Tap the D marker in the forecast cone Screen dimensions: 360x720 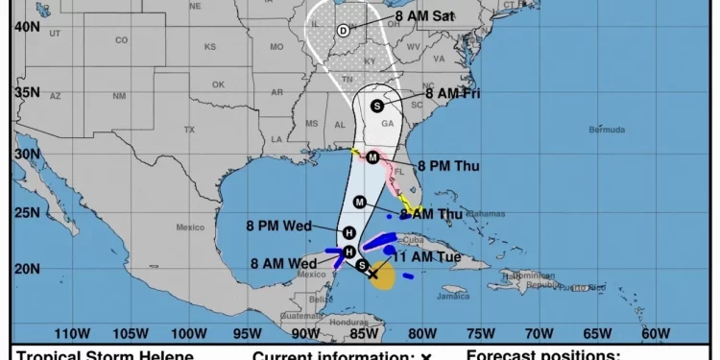[x=343, y=31]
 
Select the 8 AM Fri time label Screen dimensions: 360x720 [x=445, y=94]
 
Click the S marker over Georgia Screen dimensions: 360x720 [x=377, y=106]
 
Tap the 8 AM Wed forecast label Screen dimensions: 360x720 [x=283, y=263]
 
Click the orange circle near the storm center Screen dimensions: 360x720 [x=381, y=278]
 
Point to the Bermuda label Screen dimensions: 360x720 [x=607, y=130]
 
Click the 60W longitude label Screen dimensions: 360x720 [x=656, y=333]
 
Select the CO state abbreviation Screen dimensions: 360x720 [x=121, y=40]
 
